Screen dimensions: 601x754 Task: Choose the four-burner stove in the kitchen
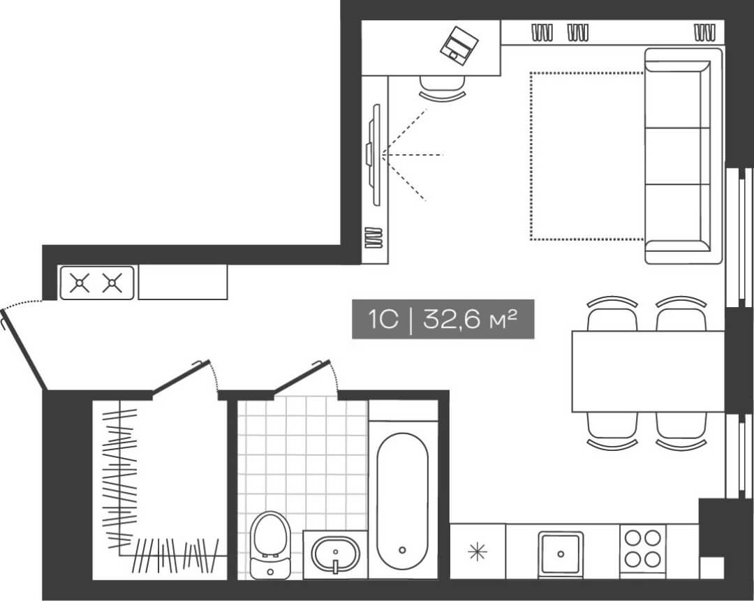coord(642,549)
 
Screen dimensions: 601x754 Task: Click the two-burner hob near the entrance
coord(97,283)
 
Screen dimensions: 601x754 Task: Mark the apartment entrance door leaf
coord(23,351)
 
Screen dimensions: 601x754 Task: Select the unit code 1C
coord(383,320)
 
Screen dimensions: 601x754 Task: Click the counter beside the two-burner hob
coord(182,283)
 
